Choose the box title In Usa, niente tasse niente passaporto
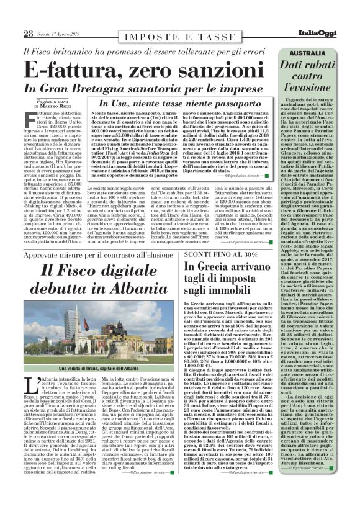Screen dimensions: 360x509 coord(176,103)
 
